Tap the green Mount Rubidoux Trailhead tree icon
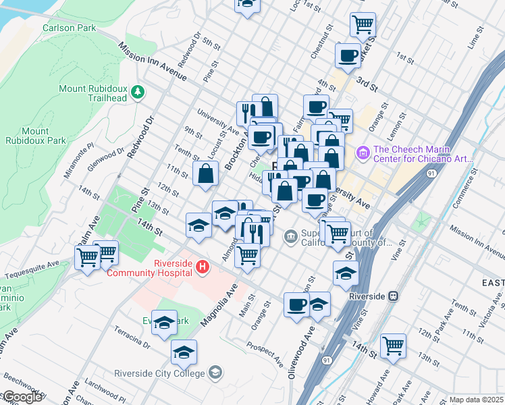tap(138, 91)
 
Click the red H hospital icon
tap(201, 269)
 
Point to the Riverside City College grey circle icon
tap(215, 373)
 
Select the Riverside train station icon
tap(393, 296)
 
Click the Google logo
tap(22, 397)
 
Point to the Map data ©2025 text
tap(475, 400)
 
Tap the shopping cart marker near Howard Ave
tap(393, 346)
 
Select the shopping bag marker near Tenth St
tap(205, 173)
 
